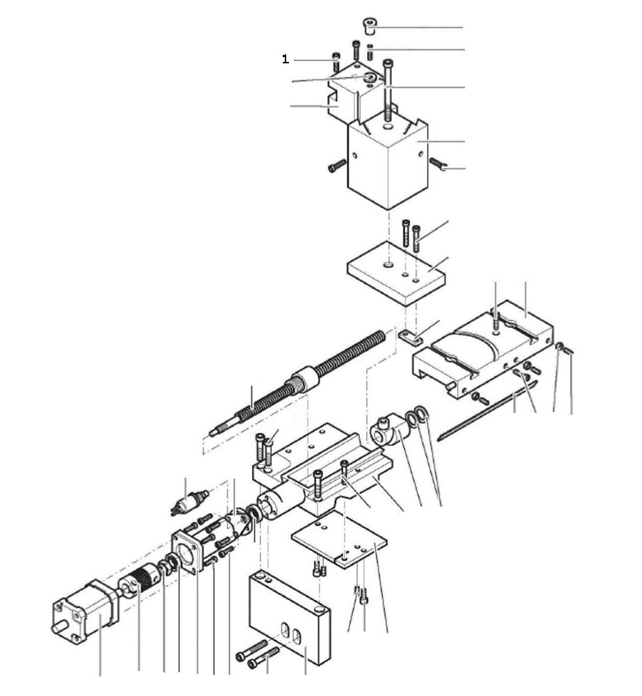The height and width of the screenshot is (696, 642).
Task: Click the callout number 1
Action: coord(285,60)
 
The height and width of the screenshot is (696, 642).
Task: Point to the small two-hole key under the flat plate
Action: coord(411,338)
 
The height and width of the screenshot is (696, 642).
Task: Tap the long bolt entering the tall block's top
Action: coord(388,90)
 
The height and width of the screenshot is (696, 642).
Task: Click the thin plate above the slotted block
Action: coord(338,540)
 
